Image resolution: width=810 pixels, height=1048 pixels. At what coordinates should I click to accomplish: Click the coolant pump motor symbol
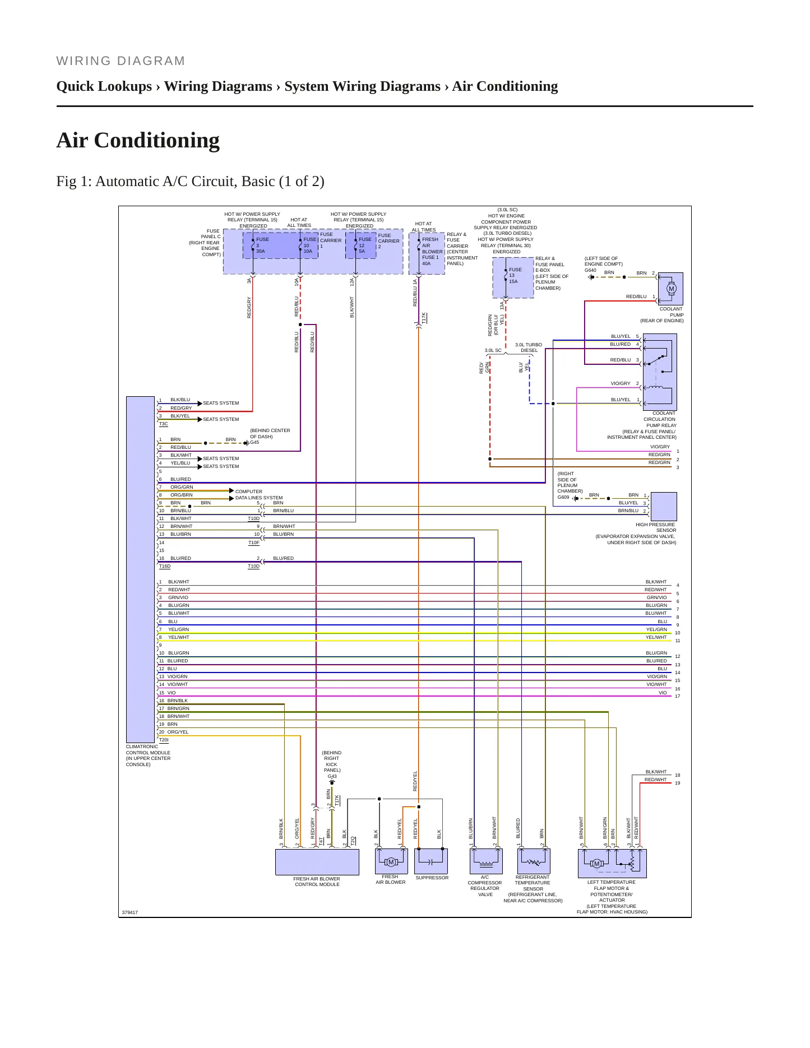pos(671,289)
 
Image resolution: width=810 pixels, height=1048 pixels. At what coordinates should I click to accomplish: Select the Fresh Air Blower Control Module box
pos(317,862)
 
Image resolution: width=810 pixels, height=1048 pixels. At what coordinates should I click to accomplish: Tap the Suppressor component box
pos(431,861)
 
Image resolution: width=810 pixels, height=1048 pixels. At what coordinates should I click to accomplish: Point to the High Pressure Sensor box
pos(664,507)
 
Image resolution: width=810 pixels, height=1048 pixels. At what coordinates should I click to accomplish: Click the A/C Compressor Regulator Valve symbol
pos(485,861)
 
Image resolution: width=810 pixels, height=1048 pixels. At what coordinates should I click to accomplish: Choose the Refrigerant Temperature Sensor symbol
pos(533,861)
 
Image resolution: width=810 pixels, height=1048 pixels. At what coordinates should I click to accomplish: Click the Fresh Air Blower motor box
pos(391,861)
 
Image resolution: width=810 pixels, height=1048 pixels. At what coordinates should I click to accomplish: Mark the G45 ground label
pos(254,442)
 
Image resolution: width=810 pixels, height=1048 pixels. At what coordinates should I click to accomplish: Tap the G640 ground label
pos(590,270)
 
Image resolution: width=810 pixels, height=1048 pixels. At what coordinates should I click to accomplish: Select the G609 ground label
pos(563,497)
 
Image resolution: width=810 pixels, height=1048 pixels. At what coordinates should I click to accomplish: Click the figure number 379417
pos(130,912)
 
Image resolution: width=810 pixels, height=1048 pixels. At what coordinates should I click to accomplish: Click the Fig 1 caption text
pos(191,182)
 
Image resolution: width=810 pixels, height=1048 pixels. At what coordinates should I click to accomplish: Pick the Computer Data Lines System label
pos(259,494)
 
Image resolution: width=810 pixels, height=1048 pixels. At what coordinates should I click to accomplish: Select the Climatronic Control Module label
pos(148,755)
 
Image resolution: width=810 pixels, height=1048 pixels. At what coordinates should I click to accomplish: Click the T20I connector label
pos(164,740)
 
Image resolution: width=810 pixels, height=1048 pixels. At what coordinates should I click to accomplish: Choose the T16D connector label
pos(165,566)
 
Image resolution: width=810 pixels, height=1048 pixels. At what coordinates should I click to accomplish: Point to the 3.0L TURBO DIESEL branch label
pos(529,347)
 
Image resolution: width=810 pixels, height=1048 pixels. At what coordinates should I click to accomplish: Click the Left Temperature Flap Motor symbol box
pos(612,863)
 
